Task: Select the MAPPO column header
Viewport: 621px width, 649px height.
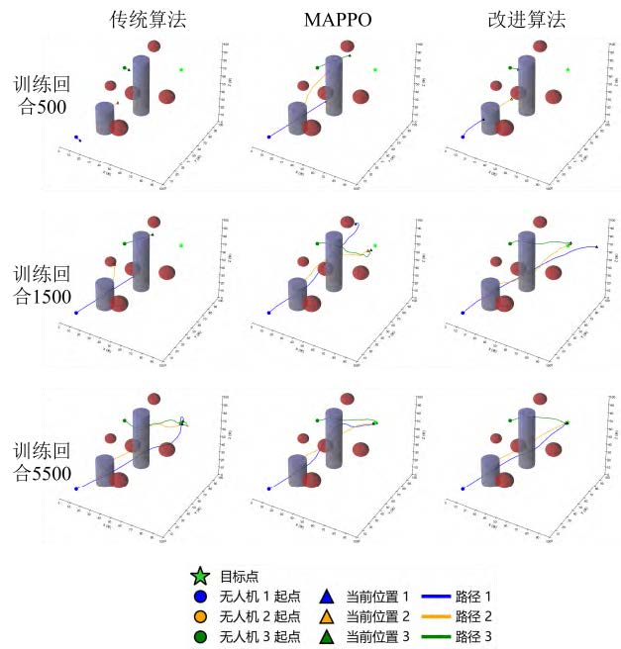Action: pos(335,19)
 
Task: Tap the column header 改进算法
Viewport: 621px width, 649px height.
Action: pos(526,19)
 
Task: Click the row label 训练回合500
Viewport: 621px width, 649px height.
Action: pos(42,95)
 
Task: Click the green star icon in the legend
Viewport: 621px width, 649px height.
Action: pos(202,576)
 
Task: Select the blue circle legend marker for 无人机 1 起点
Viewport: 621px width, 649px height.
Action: pos(202,597)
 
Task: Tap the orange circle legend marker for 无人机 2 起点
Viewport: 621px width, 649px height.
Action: pos(202,615)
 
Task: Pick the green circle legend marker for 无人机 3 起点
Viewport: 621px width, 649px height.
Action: pos(202,634)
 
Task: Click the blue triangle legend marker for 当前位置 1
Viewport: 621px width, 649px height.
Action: pos(329,597)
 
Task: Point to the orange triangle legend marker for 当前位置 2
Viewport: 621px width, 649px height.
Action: pos(329,615)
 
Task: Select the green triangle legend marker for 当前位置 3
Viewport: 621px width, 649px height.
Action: pos(329,634)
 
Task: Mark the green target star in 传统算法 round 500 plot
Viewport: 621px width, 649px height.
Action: pos(182,69)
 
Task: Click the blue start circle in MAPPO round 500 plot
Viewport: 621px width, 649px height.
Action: pos(269,138)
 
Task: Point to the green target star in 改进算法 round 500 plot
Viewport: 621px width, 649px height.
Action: pos(568,69)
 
